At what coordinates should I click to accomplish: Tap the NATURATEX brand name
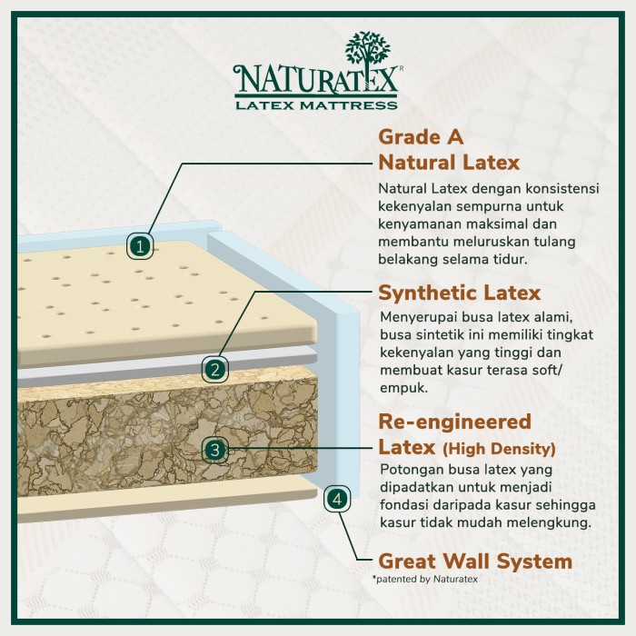pos(315,80)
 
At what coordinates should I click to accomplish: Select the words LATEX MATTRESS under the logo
pos(315,104)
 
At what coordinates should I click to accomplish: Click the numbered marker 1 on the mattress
pos(139,245)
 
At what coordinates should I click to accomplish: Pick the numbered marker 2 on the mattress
pos(214,369)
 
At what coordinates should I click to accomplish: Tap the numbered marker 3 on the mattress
pos(214,449)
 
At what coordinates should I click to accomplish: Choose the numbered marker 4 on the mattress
pos(337,498)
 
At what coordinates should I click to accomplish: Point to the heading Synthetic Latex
pos(459,293)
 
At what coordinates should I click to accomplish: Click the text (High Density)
pos(500,450)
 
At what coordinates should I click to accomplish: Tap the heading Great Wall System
pos(474,561)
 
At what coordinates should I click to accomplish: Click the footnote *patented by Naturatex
pos(423,579)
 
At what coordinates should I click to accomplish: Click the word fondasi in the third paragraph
pos(402,505)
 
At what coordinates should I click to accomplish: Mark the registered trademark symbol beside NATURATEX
pos(401,68)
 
